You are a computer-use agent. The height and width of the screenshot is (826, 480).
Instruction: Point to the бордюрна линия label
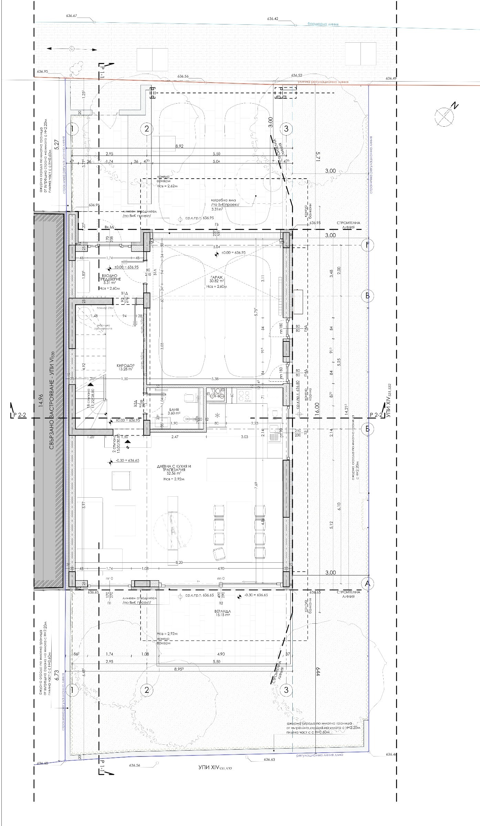click(x=323, y=24)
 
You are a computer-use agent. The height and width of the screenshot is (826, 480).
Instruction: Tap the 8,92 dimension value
click(x=179, y=146)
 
